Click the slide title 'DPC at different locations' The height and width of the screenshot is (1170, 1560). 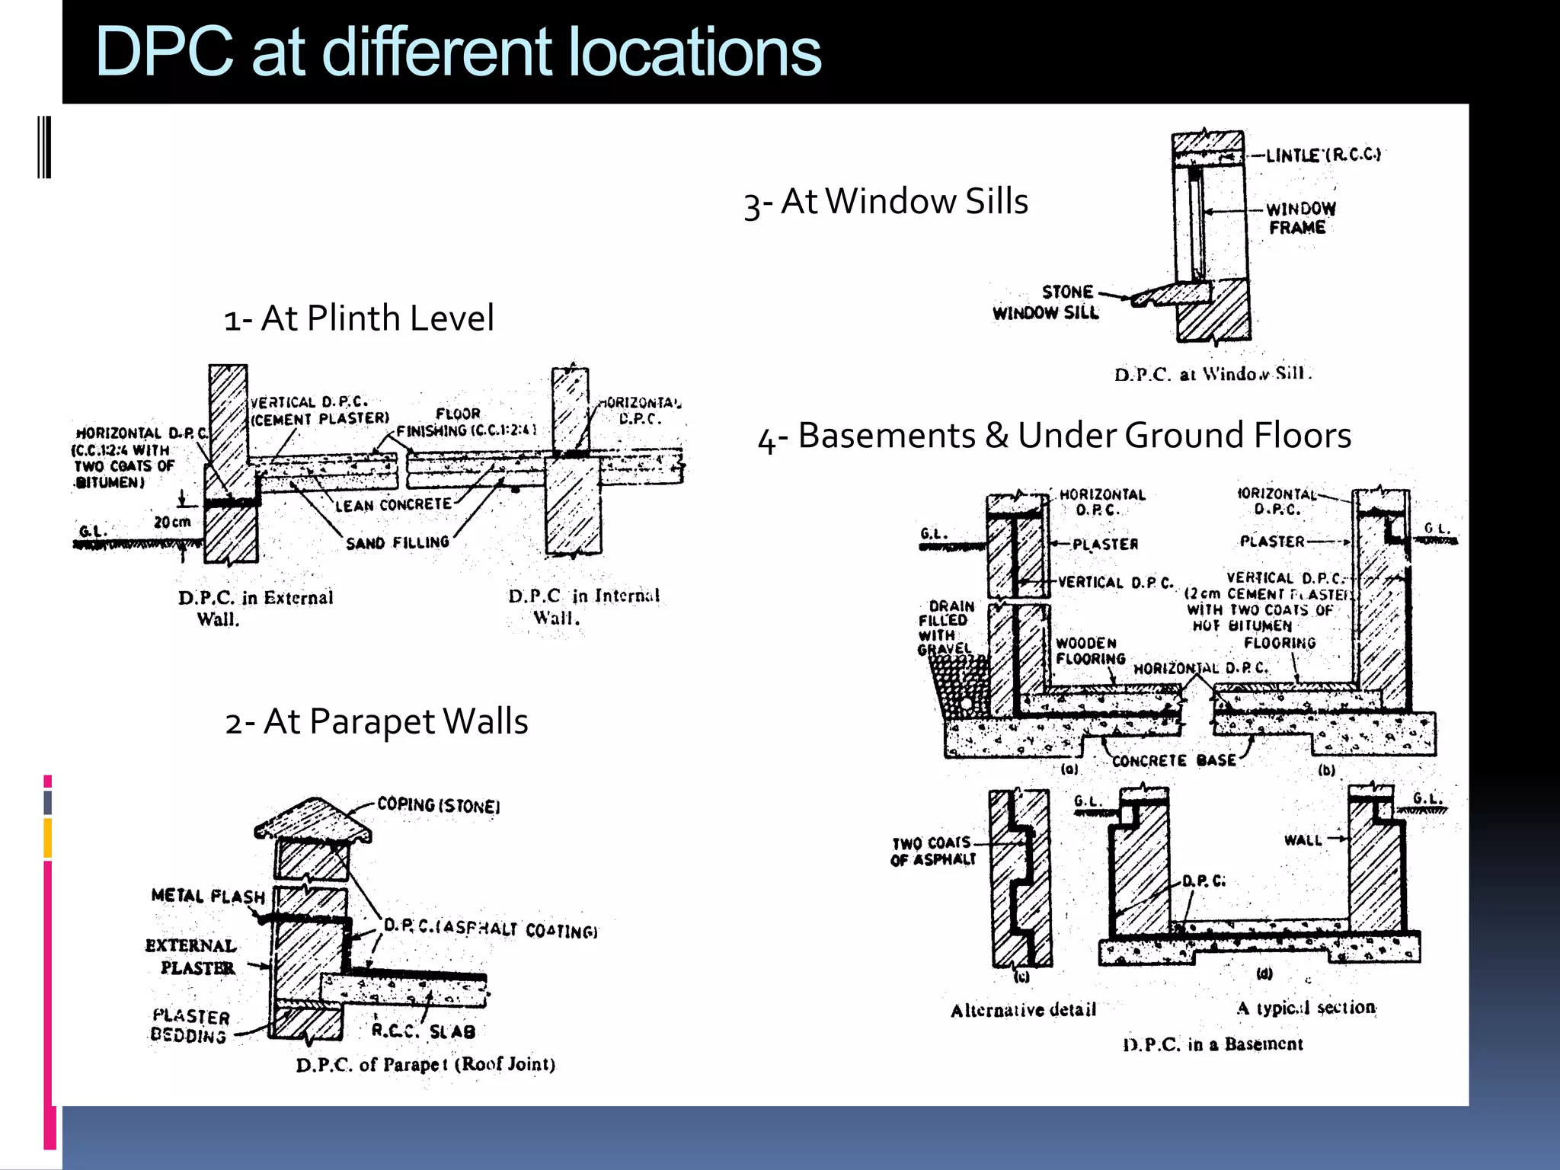[457, 52]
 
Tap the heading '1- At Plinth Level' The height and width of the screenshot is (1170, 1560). [359, 318]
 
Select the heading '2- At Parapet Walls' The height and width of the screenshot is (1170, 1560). [376, 721]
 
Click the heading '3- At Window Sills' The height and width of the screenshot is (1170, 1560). [886, 203]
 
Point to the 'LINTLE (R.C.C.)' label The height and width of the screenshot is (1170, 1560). [1323, 155]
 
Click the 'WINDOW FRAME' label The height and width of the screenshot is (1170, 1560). [1299, 218]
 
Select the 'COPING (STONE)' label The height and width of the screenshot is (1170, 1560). [439, 806]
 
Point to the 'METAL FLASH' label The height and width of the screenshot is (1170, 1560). [207, 896]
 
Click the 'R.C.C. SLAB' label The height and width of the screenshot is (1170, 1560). [424, 1031]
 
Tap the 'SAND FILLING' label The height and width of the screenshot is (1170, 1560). [398, 542]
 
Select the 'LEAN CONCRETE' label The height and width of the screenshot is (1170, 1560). [394, 504]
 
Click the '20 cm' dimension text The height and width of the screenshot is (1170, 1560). [172, 522]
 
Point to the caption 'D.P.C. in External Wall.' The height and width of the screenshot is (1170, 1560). [255, 607]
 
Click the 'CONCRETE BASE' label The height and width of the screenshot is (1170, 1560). [1174, 760]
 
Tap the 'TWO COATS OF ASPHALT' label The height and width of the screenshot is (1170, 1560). [933, 851]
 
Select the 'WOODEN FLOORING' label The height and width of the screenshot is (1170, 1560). [1090, 651]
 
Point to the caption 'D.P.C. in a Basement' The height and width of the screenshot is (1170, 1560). [1213, 1044]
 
